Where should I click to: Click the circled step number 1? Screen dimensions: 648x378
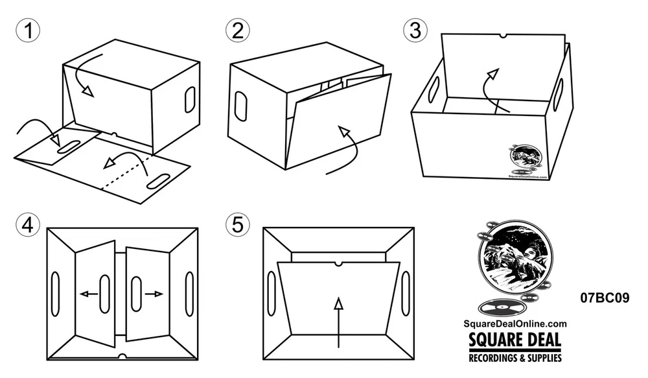(28, 31)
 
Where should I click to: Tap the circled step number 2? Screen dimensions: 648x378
(238, 31)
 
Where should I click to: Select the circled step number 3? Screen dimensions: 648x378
(415, 30)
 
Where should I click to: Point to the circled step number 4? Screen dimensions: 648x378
(28, 226)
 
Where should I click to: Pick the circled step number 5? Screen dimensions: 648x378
(238, 226)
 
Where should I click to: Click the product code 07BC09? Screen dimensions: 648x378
(605, 298)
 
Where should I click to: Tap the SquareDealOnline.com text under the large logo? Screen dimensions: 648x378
(515, 324)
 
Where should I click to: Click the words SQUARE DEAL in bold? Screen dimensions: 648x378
(515, 340)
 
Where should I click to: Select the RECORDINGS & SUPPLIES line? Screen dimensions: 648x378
(515, 357)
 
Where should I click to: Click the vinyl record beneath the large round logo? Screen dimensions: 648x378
(502, 307)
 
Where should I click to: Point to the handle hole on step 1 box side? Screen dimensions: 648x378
(190, 99)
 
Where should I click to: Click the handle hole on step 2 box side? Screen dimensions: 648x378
(241, 106)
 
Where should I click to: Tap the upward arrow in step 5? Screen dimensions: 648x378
(338, 323)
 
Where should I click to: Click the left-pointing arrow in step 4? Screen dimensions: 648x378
(88, 294)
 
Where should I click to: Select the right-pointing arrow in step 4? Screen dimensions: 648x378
(154, 294)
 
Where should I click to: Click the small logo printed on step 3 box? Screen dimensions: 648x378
(526, 161)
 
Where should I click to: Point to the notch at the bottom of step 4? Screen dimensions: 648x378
(122, 356)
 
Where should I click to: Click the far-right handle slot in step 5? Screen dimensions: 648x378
(406, 292)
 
